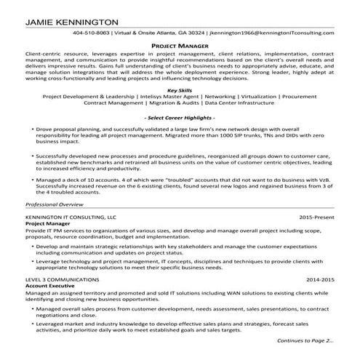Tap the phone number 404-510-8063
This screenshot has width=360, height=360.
pyautogui.click(x=92, y=33)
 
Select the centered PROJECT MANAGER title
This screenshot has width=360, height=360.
pyautogui.click(x=180, y=45)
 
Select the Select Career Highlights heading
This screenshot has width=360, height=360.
pyautogui.click(x=180, y=117)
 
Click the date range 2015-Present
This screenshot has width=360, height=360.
pyautogui.click(x=317, y=217)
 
